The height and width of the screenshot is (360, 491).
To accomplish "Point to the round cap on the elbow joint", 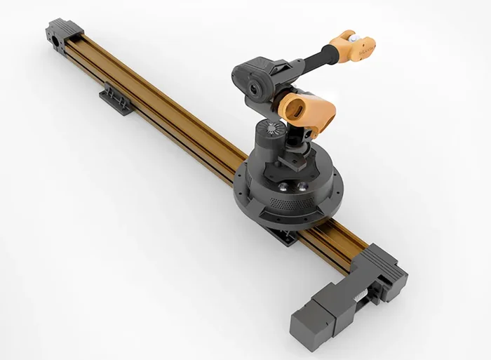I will [250, 88].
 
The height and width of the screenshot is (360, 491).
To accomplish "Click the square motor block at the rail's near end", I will [314, 320].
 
